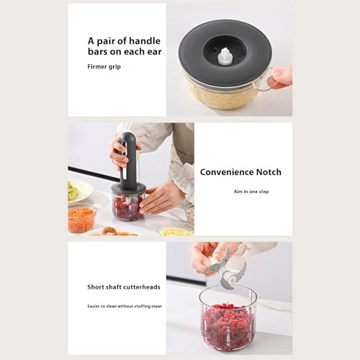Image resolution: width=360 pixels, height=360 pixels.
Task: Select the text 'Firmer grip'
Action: [105, 66]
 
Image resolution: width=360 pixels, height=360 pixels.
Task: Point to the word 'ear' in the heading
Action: [153, 52]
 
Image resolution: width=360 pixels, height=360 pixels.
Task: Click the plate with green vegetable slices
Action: [79, 191]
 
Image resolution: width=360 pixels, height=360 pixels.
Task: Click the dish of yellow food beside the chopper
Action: [175, 230]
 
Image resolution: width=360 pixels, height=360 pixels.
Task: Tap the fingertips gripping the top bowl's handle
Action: [282, 76]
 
